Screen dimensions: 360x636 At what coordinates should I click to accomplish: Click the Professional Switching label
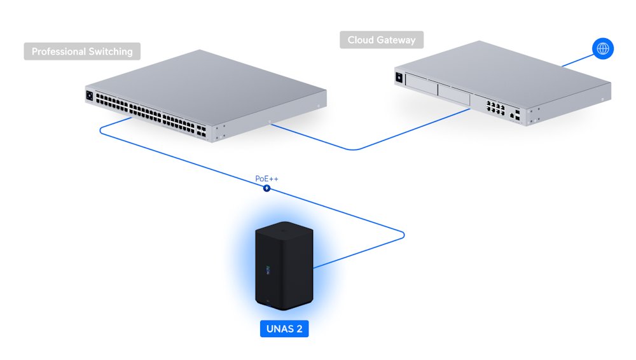82,52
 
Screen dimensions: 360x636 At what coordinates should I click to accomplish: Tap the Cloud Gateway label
382,40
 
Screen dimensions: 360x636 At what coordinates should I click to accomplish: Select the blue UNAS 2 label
285,329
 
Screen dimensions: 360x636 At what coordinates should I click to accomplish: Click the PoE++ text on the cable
266,179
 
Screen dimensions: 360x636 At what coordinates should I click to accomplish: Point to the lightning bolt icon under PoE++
267,188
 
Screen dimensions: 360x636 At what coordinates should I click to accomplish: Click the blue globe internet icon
602,48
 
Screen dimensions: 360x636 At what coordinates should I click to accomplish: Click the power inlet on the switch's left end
89,96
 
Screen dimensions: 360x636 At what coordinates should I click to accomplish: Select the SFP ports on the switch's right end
202,130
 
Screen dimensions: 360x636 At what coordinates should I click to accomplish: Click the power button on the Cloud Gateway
399,76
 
